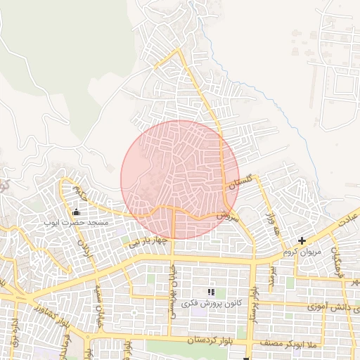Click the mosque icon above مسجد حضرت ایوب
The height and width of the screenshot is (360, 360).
pos(76,212)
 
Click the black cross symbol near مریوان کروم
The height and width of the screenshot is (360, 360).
pos(302,241)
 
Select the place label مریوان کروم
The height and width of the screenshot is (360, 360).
pos(301,252)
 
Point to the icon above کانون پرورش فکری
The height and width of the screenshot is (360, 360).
pos(210,291)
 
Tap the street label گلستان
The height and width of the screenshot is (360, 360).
pos(240,182)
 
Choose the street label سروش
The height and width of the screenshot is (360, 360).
pos(224,217)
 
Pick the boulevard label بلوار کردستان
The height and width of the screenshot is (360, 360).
pos(212,340)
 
